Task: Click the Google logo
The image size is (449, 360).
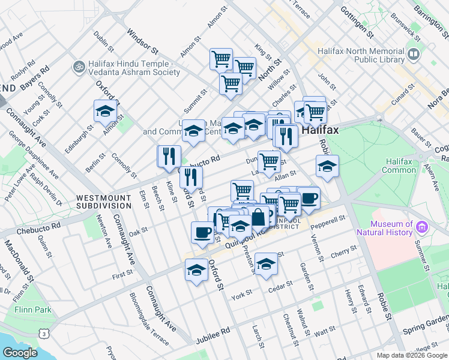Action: (20, 353)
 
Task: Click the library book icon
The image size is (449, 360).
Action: (413, 55)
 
